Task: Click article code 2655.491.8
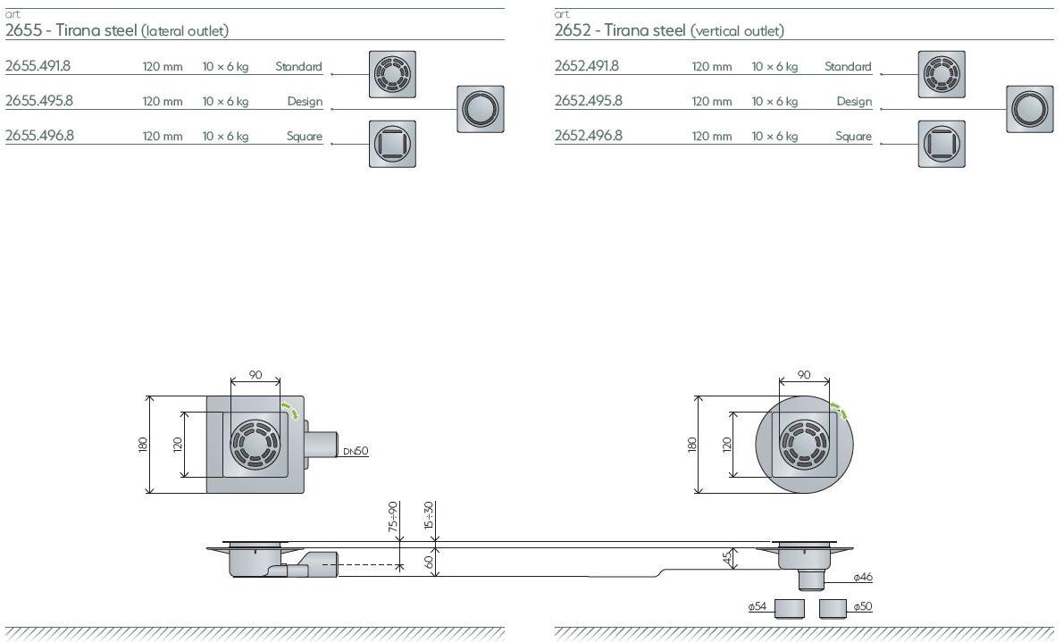pyautogui.click(x=38, y=66)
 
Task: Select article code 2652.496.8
pyautogui.click(x=588, y=136)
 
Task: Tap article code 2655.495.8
pyautogui.click(x=39, y=101)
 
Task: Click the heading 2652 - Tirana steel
pyautogui.click(x=620, y=30)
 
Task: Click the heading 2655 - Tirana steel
pyautogui.click(x=71, y=30)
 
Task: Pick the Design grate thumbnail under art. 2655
pyautogui.click(x=481, y=109)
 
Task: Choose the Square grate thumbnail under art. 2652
pyautogui.click(x=942, y=144)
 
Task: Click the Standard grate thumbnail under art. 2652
pyautogui.click(x=942, y=74)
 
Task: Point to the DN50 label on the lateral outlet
pyautogui.click(x=356, y=451)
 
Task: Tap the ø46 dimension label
pyautogui.click(x=862, y=578)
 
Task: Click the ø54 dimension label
pyautogui.click(x=757, y=606)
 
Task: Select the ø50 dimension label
pyautogui.click(x=862, y=606)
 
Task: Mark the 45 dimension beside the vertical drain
pyautogui.click(x=728, y=558)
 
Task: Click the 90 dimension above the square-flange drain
pyautogui.click(x=255, y=375)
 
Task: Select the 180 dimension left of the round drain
pyautogui.click(x=691, y=444)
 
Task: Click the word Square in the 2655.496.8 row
pyautogui.click(x=304, y=137)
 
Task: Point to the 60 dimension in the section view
pyautogui.click(x=429, y=562)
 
